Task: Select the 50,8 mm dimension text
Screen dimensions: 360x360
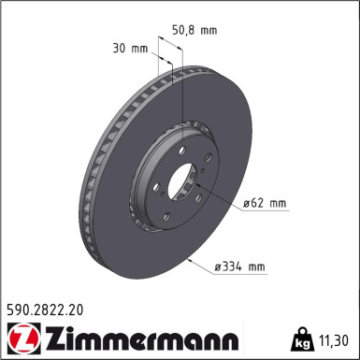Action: coord(195,30)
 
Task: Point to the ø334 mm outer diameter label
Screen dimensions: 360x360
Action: coord(239,266)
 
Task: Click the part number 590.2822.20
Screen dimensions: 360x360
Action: coord(51,306)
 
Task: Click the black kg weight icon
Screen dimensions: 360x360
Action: coord(304,336)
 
